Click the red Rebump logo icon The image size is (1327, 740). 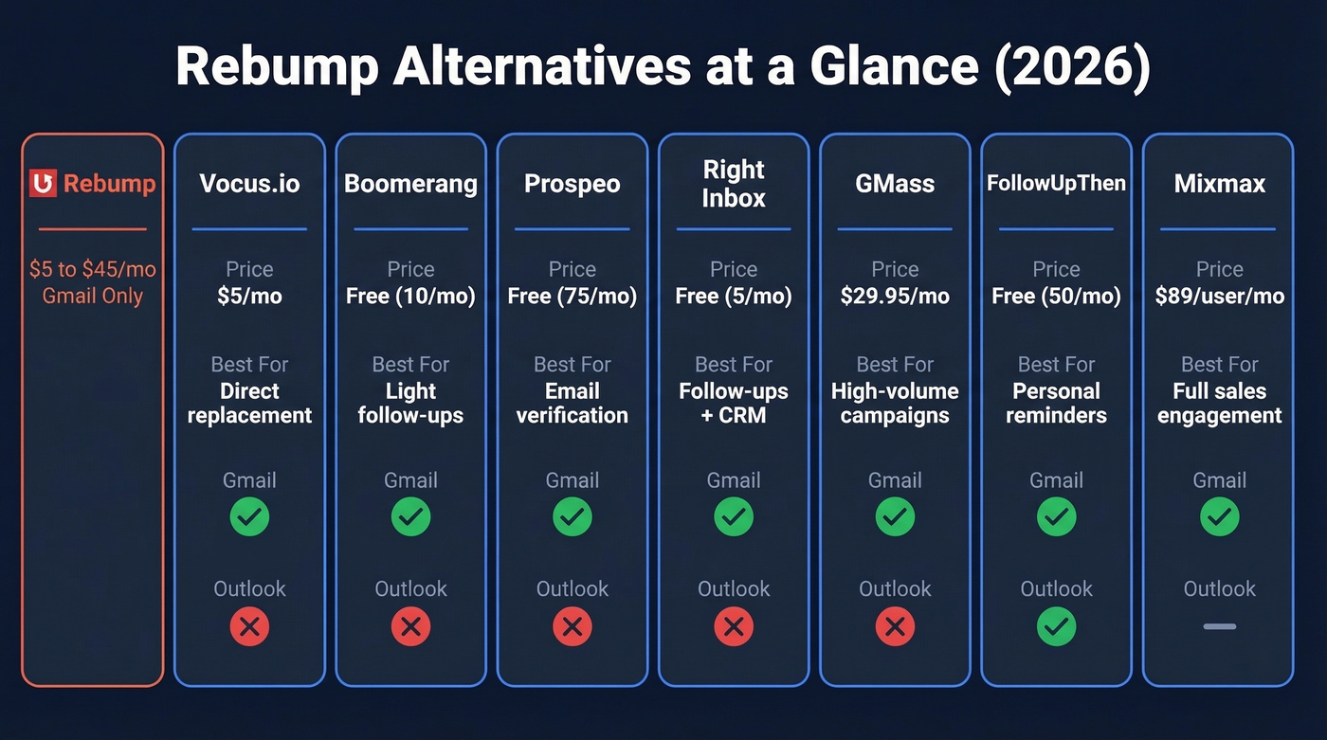point(44,183)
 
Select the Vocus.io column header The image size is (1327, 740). point(249,183)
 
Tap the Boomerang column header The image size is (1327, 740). point(410,183)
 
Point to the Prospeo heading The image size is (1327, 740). point(573,183)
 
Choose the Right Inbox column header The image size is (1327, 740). point(734,184)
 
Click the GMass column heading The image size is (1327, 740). point(895,183)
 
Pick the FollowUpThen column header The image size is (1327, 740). point(1056,183)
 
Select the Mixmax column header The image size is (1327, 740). point(1219,183)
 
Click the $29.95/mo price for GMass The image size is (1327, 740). point(895,296)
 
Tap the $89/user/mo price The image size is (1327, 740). point(1219,296)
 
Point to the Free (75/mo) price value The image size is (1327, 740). point(573,296)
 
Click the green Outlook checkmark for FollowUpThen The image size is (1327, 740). point(1056,626)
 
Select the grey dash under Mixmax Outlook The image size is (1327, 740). point(1219,626)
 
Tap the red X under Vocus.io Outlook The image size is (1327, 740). point(249,626)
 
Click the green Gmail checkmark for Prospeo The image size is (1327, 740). point(573,517)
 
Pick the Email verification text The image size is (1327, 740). point(573,403)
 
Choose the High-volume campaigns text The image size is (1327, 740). point(895,403)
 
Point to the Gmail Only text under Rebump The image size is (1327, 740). point(93,296)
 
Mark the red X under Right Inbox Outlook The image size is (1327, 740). point(734,626)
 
